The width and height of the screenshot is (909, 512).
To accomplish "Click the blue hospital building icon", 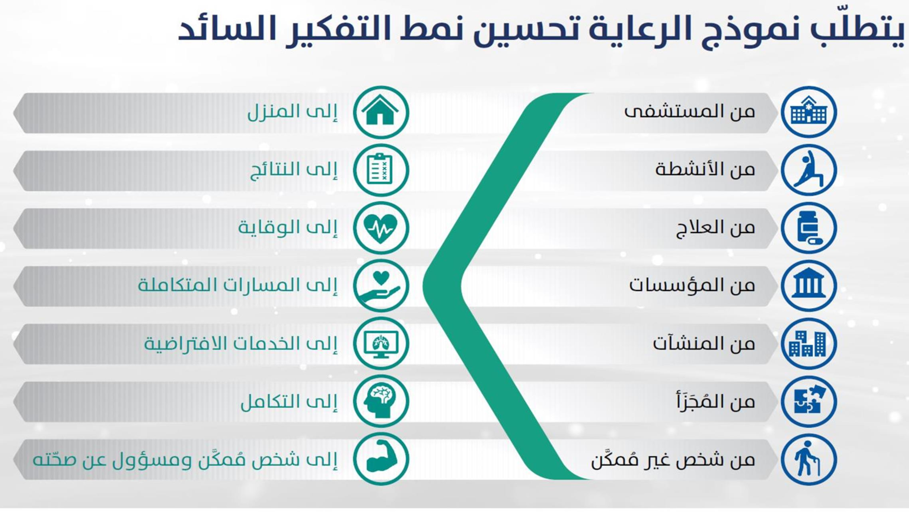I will (809, 112).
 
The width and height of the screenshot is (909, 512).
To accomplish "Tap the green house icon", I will (381, 112).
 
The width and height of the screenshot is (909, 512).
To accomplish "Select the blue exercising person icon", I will (809, 170).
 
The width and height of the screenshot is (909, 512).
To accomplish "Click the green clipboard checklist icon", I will (381, 170).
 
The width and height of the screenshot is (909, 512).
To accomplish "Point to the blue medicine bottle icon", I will (809, 228).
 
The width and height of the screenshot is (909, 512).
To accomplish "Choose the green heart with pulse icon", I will (381, 228).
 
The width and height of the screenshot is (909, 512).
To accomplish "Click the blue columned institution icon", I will (809, 286).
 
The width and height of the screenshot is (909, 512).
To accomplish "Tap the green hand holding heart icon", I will (381, 286).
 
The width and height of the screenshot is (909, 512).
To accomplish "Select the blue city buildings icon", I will (809, 344).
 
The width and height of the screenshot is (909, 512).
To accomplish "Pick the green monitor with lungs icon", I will (381, 344).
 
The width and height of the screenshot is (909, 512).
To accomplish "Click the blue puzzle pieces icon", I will (809, 401).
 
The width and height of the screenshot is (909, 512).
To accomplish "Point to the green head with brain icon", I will (381, 401).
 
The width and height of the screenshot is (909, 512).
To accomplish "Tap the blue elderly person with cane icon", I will (809, 459).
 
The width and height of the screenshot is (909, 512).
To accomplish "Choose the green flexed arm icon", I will (381, 459).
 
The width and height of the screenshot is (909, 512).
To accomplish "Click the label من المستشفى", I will (689, 112).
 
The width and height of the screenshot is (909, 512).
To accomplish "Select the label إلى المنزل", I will (292, 112).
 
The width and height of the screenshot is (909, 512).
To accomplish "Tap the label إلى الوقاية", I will (288, 227).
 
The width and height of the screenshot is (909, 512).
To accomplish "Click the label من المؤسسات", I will (692, 285).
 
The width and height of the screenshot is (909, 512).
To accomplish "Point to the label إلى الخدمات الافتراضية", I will (241, 343).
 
